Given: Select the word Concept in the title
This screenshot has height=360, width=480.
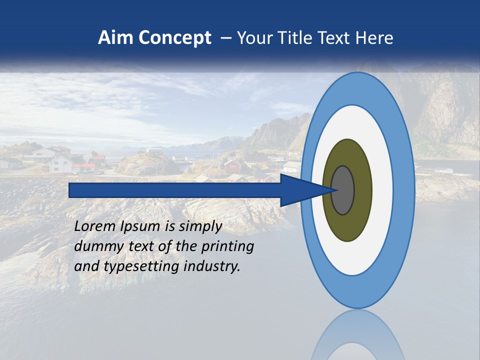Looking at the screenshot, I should coord(175,38).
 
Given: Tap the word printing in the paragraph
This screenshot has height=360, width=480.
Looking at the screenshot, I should coord(227,247).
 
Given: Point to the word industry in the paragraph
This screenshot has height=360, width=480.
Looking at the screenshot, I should coord(212,266).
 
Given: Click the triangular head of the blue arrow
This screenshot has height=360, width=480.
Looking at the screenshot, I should coord(300,190).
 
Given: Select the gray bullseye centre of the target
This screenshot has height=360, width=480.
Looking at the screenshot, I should coord(343,190).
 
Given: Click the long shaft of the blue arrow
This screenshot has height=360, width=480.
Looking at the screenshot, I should coord(175,190).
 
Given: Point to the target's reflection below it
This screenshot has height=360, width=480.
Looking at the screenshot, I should coord(357,335).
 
